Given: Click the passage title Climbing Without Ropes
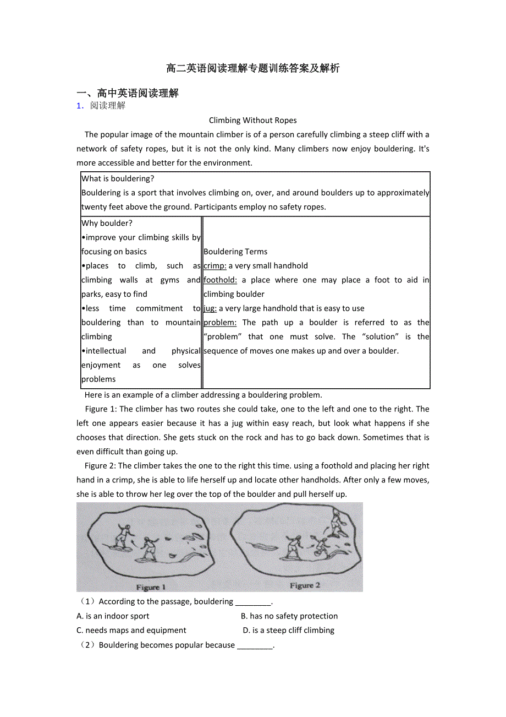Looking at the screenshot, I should [252, 120].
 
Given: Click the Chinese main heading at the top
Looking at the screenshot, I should [252, 68].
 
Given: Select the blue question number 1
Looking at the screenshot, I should [79, 106].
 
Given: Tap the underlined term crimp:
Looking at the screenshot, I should [215, 266].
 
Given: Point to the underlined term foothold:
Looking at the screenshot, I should [220, 280].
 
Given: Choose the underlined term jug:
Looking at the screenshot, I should [210, 308].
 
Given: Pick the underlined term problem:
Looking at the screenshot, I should [220, 323].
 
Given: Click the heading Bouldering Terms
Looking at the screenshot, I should [235, 252].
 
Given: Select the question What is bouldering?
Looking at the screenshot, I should [118, 178].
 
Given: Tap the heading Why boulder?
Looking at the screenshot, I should [107, 223].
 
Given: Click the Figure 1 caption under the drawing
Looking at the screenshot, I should [151, 587].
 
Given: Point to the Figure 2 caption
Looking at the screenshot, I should [305, 585].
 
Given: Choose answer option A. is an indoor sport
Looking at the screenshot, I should [113, 616].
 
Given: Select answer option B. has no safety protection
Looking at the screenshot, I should [289, 616].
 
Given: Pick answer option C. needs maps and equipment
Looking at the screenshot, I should [131, 631].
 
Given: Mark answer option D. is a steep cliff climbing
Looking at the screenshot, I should [288, 631].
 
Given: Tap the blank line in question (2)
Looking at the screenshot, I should [255, 645].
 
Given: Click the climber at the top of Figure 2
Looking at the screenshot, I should [335, 522].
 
